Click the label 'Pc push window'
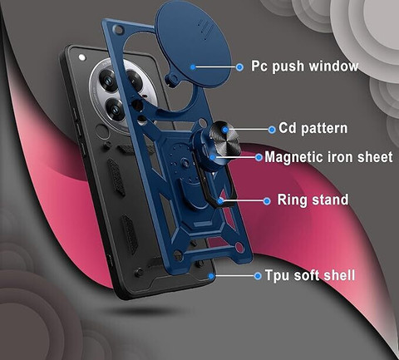(304, 67)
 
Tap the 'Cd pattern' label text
(313, 128)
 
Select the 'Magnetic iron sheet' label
(328, 157)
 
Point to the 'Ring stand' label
(313, 200)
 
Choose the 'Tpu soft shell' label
(310, 275)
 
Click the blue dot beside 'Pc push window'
(239, 67)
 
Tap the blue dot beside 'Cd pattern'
(272, 130)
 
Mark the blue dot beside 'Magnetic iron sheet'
(259, 157)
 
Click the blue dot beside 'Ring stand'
(267, 201)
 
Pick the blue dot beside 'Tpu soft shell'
(258, 276)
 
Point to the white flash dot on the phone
(82, 57)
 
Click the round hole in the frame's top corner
(119, 29)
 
